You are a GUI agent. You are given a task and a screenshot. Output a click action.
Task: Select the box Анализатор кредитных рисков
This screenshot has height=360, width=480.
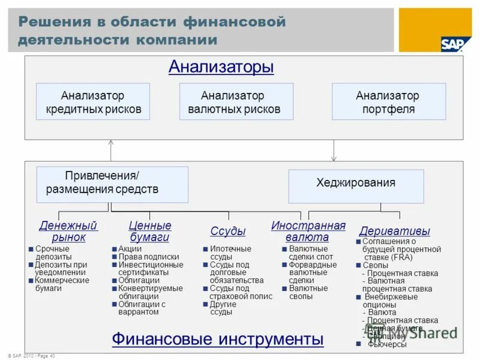93,102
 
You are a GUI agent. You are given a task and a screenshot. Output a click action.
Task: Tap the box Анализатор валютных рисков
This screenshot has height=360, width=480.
236,102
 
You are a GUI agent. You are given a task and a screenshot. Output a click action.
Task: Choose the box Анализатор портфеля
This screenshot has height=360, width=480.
388,102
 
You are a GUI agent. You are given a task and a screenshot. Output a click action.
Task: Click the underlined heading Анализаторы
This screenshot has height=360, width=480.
221,67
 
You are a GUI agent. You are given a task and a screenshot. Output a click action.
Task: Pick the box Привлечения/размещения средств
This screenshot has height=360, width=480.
112,184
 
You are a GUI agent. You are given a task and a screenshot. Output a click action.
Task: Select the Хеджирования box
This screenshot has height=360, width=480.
356,183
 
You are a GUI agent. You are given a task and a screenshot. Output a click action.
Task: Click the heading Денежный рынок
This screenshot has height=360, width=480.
68,232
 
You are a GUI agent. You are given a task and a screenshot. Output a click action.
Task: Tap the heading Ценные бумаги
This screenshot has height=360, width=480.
150,232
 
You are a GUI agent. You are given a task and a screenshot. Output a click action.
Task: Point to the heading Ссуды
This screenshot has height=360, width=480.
228,232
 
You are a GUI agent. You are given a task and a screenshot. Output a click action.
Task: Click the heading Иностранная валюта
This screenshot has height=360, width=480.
308,232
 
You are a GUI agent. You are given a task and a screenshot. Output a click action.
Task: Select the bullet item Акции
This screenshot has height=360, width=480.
130,248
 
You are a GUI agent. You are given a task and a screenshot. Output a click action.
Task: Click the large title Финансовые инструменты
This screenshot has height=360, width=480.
218,340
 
